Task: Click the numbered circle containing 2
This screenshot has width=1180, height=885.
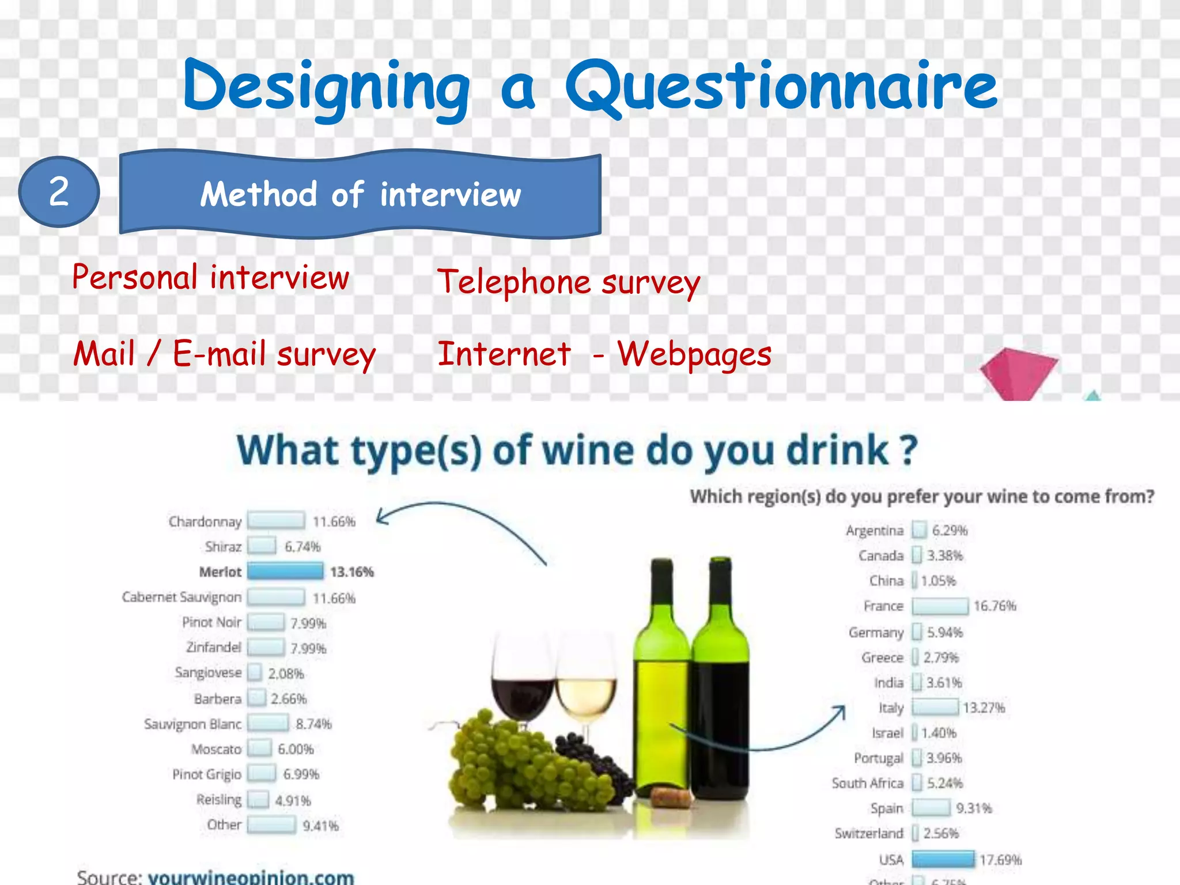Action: click(59, 192)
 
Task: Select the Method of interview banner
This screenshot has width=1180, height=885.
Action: click(360, 194)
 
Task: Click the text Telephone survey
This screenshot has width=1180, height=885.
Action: click(569, 282)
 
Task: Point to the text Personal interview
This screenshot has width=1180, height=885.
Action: click(210, 278)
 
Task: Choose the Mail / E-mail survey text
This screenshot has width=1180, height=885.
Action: click(224, 354)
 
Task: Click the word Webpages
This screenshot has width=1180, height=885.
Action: click(694, 354)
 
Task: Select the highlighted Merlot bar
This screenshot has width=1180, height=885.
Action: click(285, 572)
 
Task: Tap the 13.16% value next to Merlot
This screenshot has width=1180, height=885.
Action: click(352, 572)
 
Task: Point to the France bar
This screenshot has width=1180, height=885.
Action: click(940, 606)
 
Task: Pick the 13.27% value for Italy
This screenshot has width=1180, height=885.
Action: click(984, 708)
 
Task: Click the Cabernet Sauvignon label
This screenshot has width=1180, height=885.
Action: click(181, 597)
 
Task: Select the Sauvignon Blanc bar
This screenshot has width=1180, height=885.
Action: click(268, 723)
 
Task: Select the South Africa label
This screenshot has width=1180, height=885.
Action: click(867, 783)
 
